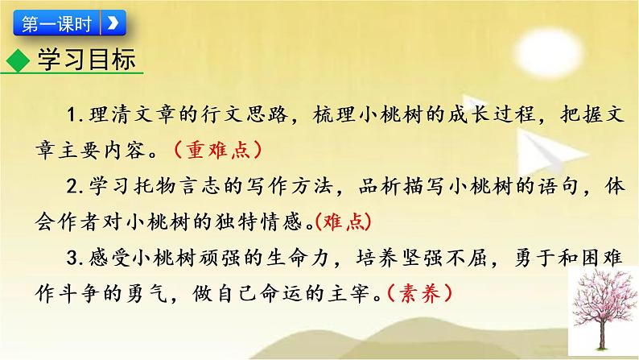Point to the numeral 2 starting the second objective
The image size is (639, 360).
[73, 186]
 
